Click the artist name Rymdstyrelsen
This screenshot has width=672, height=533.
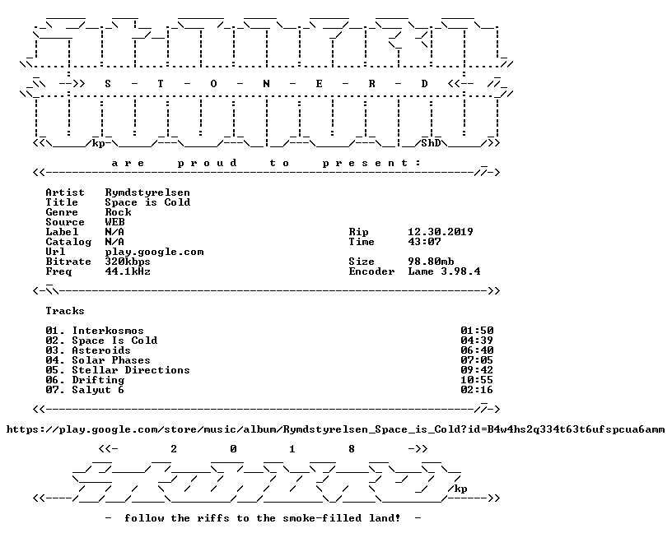(147, 192)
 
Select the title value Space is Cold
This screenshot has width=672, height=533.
(147, 202)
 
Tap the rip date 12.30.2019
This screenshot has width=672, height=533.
(441, 232)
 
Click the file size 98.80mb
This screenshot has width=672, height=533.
(431, 262)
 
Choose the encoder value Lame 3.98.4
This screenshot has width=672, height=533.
(444, 271)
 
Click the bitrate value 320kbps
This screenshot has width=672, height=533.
(128, 262)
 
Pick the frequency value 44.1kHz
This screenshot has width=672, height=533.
(128, 271)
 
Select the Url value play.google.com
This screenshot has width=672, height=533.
(154, 252)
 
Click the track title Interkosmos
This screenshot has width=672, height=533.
(108, 331)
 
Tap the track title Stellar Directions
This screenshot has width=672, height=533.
(131, 370)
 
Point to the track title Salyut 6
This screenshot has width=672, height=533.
(98, 390)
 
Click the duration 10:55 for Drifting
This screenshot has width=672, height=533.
(477, 380)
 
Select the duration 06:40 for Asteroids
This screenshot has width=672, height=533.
(477, 350)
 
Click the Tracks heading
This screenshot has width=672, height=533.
(65, 311)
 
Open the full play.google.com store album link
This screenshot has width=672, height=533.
(335, 429)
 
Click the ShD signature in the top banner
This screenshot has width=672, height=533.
(431, 143)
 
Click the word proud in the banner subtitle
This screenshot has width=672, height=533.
(207, 163)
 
